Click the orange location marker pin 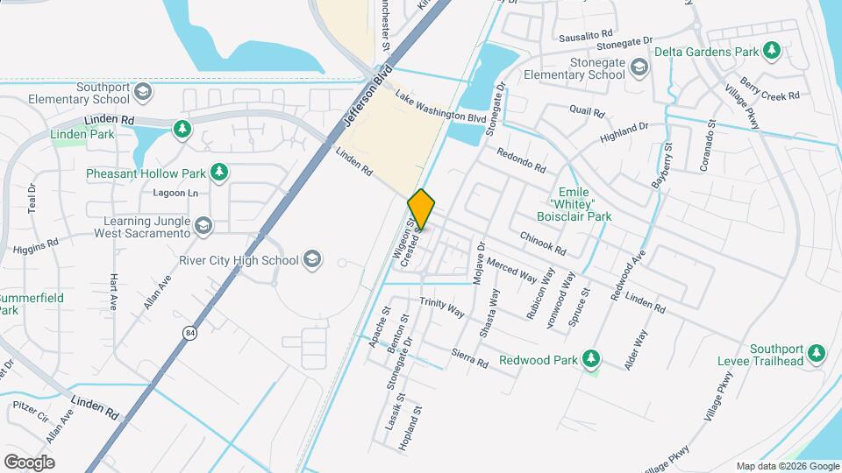pos(421,209)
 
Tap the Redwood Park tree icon pos(592,358)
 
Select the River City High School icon pos(312,258)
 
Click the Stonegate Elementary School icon pos(640,67)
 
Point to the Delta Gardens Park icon pos(772,51)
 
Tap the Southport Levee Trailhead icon pos(817,353)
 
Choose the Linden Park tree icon pos(182,130)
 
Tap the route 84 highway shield pos(189,332)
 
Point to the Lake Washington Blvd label pos(440,106)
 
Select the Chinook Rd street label pos(542,242)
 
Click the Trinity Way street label pos(441,306)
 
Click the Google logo pos(29,462)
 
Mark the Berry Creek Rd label pos(771,89)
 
